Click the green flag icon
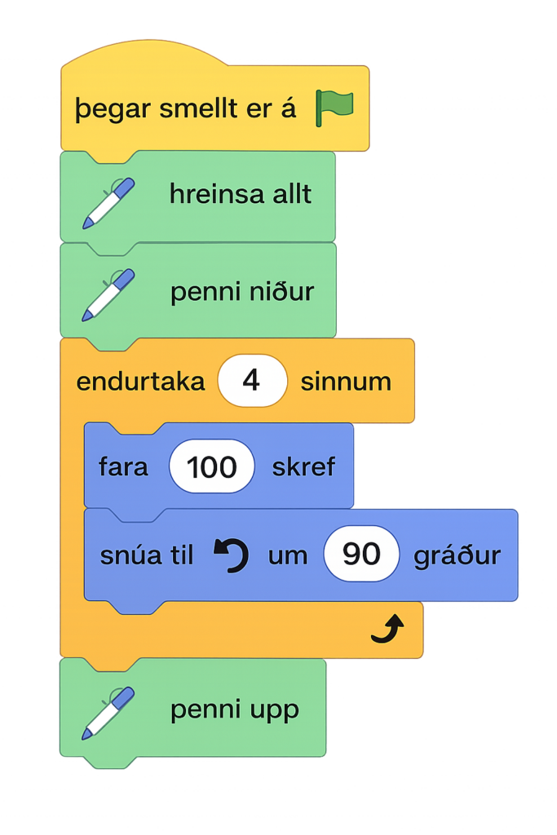coord(334,108)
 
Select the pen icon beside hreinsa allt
coord(108,202)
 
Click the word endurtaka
coord(140,382)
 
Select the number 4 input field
coord(252,381)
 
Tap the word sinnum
coord(346,382)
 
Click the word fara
coord(123,467)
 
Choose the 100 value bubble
coord(212,467)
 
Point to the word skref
coord(303,467)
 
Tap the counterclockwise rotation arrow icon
coord(231,555)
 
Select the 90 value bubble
coord(361,555)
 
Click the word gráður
coord(457,556)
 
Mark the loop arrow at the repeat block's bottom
coord(387,629)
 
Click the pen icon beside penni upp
coord(108,712)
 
